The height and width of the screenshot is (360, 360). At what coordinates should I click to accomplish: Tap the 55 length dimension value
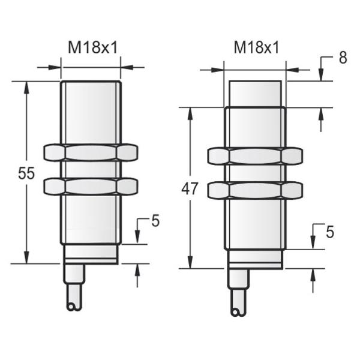[x=25, y=174]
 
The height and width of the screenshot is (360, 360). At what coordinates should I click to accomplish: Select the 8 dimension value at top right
[x=343, y=58]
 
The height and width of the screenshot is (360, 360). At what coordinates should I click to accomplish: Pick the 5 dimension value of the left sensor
[x=155, y=221]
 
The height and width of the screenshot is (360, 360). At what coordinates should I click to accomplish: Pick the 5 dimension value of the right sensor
[x=329, y=230]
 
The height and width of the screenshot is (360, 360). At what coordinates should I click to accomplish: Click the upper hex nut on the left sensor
[x=91, y=152]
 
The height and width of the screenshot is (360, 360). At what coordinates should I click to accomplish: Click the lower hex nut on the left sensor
[x=91, y=186]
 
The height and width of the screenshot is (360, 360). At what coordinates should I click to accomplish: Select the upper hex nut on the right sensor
[x=255, y=156]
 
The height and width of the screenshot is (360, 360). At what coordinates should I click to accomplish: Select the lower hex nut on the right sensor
[x=255, y=191]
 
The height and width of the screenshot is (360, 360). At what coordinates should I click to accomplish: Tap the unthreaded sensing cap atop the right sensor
[x=255, y=94]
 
